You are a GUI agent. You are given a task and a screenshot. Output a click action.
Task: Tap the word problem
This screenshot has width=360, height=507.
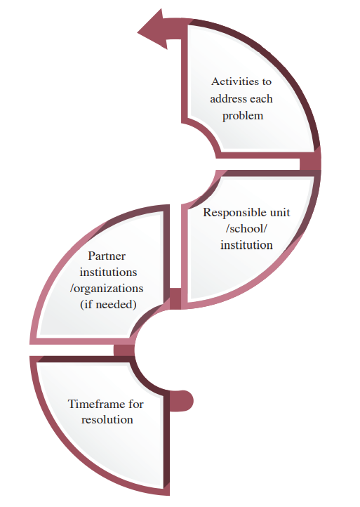243,116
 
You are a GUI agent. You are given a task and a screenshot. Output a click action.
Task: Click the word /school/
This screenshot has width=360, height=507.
246,229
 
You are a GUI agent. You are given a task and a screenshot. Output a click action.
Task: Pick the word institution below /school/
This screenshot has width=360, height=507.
246,245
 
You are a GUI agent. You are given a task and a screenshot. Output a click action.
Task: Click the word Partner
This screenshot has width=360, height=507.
107,256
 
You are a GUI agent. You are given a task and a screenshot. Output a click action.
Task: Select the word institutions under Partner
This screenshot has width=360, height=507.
108,272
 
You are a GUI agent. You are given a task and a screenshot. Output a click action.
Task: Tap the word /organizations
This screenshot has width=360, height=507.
107,289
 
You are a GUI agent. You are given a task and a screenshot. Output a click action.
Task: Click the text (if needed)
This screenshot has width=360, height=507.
108,305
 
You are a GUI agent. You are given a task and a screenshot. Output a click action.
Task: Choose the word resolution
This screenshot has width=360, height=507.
107,420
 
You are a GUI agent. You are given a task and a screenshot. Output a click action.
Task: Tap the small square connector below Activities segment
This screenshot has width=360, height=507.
309,164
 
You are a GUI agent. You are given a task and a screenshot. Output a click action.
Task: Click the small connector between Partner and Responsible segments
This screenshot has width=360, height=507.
175,298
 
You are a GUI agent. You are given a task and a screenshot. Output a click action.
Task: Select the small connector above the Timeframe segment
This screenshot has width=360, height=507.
124,350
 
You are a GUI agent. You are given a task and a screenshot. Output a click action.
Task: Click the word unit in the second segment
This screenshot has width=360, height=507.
280,213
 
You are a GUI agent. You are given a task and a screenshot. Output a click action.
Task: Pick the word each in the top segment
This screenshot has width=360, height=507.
261,98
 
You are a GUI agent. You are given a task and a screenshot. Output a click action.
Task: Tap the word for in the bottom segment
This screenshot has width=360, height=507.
135,404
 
